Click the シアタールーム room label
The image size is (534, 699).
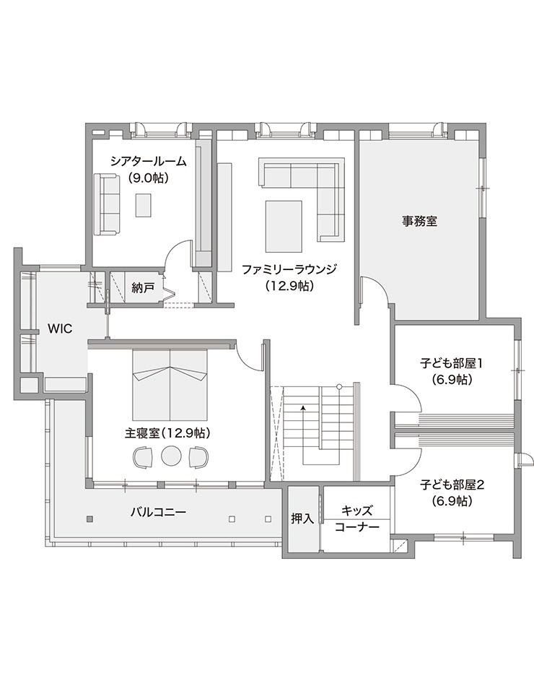pos(148,162)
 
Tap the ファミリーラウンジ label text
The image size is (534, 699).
pos(289,269)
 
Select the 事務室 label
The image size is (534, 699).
pos(419,222)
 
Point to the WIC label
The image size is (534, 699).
pos(60,328)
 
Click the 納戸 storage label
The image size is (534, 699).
pos(142,287)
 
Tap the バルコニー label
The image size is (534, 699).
pos(158,512)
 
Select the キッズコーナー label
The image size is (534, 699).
pos(356,518)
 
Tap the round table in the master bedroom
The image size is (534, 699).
pos(171,457)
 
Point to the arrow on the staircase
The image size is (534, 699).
pos(303,409)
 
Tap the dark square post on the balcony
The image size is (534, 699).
pos(89,519)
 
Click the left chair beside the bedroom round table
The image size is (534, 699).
pos(143,457)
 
